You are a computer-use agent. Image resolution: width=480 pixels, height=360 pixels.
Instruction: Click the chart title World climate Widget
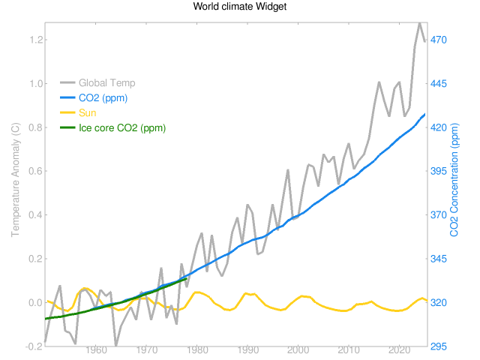[240, 7]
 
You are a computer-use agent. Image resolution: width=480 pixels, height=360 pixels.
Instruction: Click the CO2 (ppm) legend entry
[104, 97]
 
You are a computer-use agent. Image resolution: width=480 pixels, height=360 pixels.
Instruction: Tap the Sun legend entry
[87, 112]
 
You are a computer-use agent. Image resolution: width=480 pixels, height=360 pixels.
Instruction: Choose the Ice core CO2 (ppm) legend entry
[122, 128]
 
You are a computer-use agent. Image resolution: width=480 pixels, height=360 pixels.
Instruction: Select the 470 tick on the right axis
[439, 40]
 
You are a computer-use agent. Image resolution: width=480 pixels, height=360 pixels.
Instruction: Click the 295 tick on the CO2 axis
[439, 346]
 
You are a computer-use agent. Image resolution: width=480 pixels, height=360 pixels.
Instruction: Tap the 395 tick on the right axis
[439, 171]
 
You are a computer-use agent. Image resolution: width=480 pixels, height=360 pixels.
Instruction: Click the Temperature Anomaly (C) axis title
[15, 184]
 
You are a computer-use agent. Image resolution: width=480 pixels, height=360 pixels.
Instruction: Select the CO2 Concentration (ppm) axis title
[454, 184]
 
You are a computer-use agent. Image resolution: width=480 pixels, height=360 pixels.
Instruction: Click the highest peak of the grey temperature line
[420, 23]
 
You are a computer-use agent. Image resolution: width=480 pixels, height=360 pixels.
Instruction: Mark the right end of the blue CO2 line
[425, 114]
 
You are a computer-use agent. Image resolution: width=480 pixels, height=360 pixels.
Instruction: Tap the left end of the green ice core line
[45, 319]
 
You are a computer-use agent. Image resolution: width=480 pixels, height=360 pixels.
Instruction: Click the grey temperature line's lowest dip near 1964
[116, 346]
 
